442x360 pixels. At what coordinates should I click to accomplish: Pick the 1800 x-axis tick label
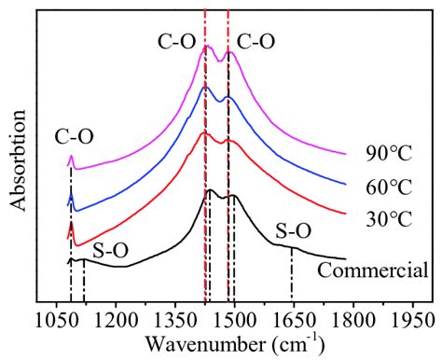pyautogui.click(x=352, y=319)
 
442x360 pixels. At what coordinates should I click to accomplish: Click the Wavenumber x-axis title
pyautogui.click(x=234, y=342)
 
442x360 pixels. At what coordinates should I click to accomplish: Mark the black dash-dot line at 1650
pyautogui.click(x=292, y=275)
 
